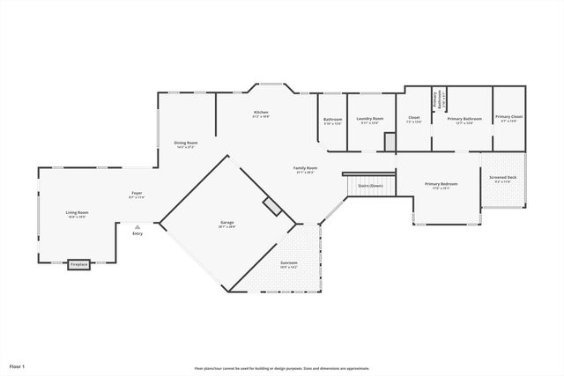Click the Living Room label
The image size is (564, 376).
[x=77, y=212]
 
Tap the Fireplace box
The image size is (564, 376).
[x=79, y=263]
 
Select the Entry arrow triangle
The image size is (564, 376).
[x=137, y=226]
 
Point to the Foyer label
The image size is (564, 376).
[x=137, y=193]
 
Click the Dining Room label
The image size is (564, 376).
[x=185, y=143]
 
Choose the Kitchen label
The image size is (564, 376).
[x=261, y=113]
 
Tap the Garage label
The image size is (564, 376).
[x=227, y=224]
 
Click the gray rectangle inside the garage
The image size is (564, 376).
[x=272, y=206]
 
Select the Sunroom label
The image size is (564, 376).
[x=289, y=263]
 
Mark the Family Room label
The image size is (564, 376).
[x=306, y=168]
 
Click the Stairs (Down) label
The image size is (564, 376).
[x=370, y=186]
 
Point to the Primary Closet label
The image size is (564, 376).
[x=508, y=117]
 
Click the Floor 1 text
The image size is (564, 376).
[x=18, y=365]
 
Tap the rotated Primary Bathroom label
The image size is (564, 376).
[x=436, y=100]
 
